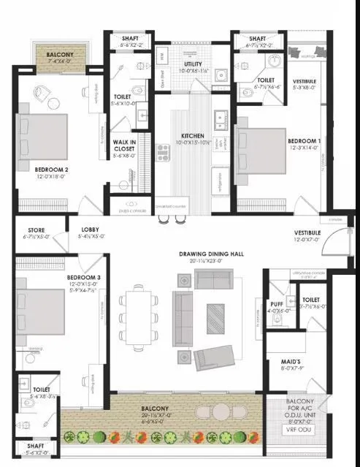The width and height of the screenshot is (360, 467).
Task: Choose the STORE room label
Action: (x=36, y=230)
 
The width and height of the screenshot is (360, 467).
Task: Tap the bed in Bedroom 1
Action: (x=263, y=161)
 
